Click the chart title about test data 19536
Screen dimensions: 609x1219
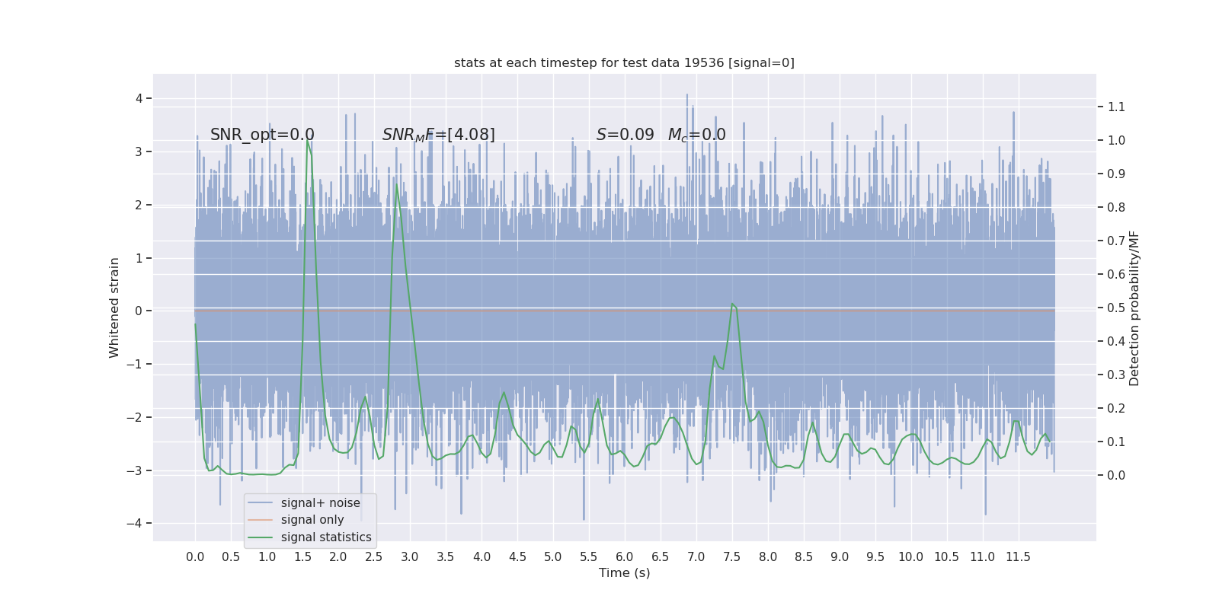624,62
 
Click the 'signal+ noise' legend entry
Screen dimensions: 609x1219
320,502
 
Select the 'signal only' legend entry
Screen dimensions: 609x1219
312,520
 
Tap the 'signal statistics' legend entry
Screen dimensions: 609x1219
326,537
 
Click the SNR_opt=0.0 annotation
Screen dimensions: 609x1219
262,135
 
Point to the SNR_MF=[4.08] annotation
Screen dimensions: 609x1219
438,135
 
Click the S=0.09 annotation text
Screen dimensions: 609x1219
625,135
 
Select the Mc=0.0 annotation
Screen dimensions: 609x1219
696,135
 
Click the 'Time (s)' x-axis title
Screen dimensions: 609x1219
624,573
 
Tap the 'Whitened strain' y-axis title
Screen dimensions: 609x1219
114,308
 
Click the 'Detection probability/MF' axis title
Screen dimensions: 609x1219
1134,308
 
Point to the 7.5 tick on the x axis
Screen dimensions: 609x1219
732,557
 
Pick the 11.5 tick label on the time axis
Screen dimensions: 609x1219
1018,557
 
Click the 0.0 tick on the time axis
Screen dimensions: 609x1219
195,557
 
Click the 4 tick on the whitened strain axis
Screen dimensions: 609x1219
139,98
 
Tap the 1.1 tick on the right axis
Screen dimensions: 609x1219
1116,107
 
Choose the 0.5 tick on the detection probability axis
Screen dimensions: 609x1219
1116,308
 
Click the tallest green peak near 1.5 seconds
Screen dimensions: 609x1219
307,140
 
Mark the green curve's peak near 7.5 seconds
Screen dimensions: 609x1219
732,304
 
